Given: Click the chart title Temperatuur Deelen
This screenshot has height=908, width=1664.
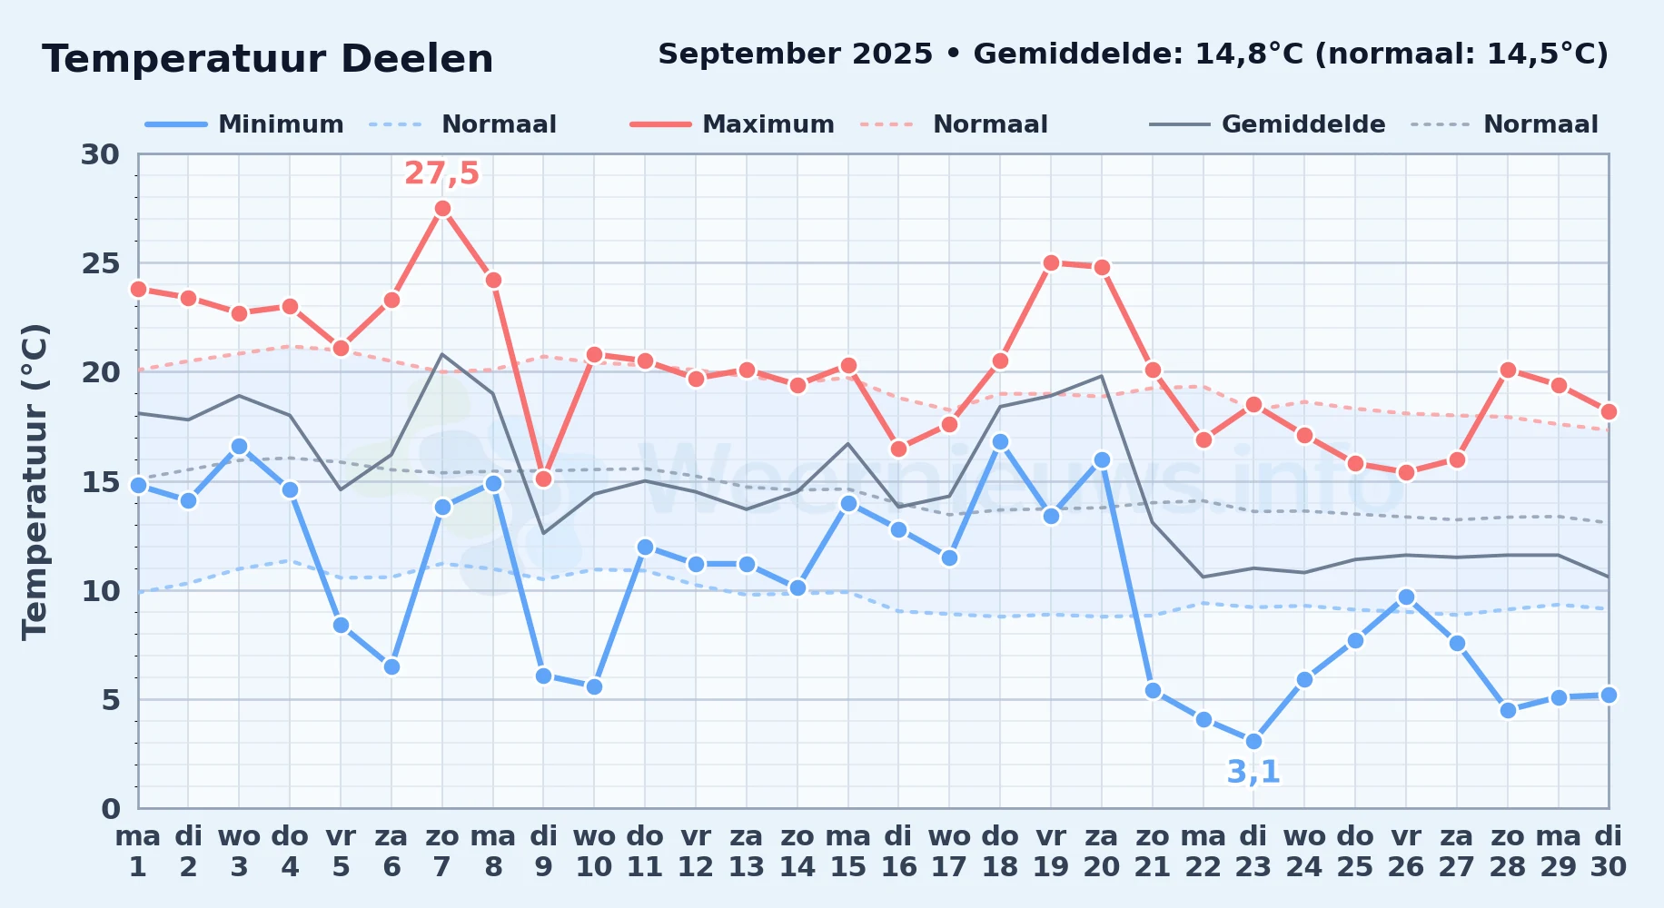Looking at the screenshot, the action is tap(268, 59).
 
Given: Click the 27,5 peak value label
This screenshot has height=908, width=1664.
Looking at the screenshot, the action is tap(441, 173).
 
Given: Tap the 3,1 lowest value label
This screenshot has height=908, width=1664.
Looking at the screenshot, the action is tap(1253, 772).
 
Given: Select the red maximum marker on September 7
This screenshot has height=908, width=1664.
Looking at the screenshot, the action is tap(442, 209).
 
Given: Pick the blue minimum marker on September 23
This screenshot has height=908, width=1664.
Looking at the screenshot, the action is tap(1253, 742).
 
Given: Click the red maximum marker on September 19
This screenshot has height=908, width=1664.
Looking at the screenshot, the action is tap(1051, 263).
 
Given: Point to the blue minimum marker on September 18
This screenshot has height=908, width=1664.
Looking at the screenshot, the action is tap(1000, 442).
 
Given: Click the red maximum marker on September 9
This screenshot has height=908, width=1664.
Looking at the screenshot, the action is tap(543, 479).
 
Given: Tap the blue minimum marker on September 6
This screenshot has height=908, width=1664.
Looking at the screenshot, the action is tap(391, 666).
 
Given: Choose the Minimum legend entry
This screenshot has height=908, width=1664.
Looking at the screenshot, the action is tap(244, 124).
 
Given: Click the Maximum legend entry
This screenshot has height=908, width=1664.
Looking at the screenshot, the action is tap(732, 124).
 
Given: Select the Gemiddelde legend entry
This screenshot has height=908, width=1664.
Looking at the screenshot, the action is tap(1268, 124).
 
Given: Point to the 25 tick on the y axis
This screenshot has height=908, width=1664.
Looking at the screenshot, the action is tap(100, 263).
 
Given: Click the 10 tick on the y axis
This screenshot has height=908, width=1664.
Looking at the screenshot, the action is tap(100, 591).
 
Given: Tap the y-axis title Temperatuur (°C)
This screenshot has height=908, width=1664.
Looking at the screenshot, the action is tap(35, 481).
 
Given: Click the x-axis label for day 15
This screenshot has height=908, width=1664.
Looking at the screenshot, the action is tap(848, 851).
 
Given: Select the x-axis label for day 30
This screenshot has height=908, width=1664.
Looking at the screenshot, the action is tap(1608, 851).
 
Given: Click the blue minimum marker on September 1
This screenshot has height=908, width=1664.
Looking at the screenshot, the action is tap(138, 485).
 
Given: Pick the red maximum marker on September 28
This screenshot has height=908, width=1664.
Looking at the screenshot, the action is tap(1508, 370).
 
